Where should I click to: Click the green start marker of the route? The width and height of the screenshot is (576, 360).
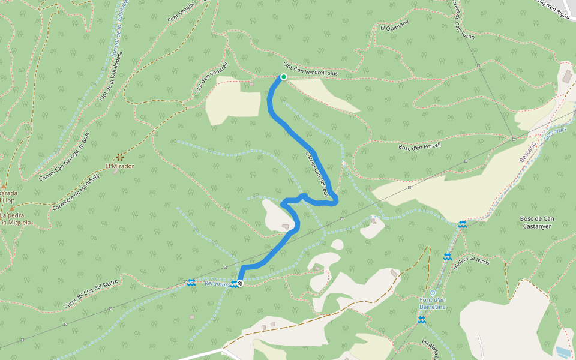pos(283,77)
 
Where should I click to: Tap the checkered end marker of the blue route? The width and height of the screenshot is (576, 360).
pos(240,283)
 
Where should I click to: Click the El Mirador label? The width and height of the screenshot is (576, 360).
pos(119,166)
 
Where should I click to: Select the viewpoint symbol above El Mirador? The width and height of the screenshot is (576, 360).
pos(119,157)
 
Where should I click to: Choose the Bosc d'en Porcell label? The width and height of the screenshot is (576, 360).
pos(420,146)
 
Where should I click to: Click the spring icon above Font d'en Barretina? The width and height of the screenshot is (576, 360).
pos(433,292)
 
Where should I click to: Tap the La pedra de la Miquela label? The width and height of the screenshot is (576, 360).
pos(15,219)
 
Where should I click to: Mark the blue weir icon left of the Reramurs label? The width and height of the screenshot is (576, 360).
pos(191,282)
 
